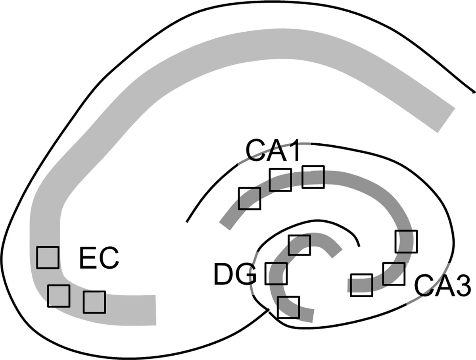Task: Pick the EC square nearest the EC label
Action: coord(48,257)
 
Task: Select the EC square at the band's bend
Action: coord(59,296)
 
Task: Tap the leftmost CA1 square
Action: coord(250,198)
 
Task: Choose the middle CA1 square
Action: coord(280,179)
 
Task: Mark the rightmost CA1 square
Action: coord(313,177)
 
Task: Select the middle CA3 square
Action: coord(394,273)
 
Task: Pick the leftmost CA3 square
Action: coord(362,285)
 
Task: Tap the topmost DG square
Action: coord(299,245)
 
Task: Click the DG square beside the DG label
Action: coord(276,274)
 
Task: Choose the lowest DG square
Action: coord(288,307)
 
